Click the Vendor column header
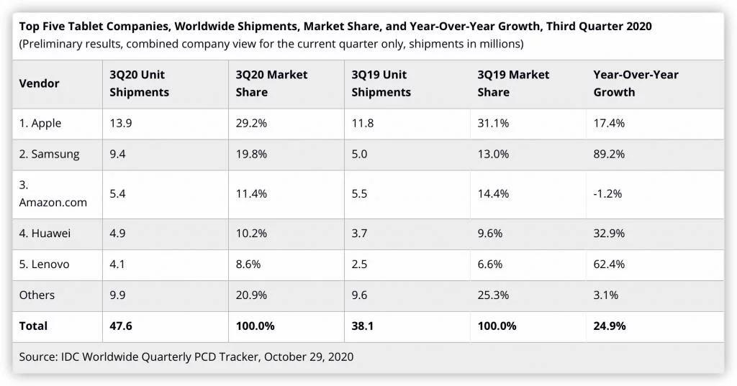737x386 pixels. (x=39, y=83)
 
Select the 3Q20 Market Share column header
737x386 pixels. (x=271, y=83)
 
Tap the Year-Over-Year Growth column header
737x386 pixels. (x=636, y=83)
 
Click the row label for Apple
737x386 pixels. (x=40, y=123)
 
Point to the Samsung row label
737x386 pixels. (x=49, y=154)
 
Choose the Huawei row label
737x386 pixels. (x=45, y=233)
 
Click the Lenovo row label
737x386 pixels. (x=45, y=264)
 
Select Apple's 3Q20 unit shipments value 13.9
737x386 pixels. (x=121, y=123)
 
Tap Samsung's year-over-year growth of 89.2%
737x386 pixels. (x=609, y=154)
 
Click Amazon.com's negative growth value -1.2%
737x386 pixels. (x=607, y=194)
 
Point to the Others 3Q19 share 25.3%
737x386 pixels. (x=493, y=295)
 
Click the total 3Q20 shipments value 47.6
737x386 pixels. (x=121, y=326)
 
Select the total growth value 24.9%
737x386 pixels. (x=609, y=326)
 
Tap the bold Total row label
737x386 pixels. (x=33, y=326)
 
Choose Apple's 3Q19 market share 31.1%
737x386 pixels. (x=493, y=123)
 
